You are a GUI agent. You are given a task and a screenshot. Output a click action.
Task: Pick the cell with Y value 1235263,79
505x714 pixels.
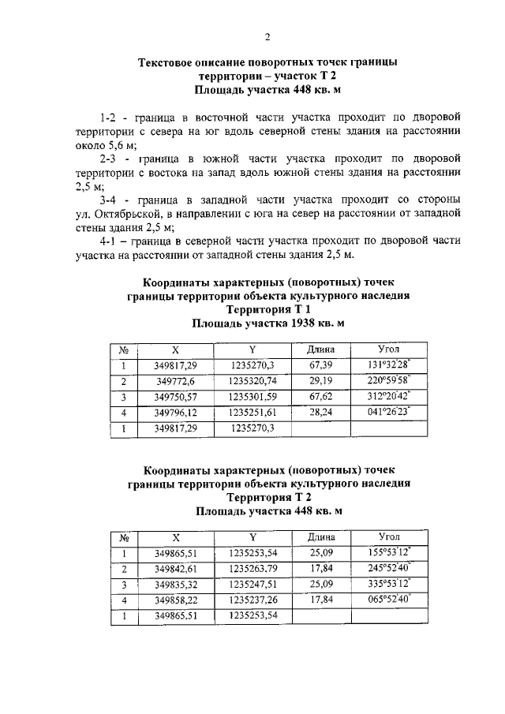pos(252,569)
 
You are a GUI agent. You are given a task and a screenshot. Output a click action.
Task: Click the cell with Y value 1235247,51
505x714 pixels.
pos(252,585)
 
